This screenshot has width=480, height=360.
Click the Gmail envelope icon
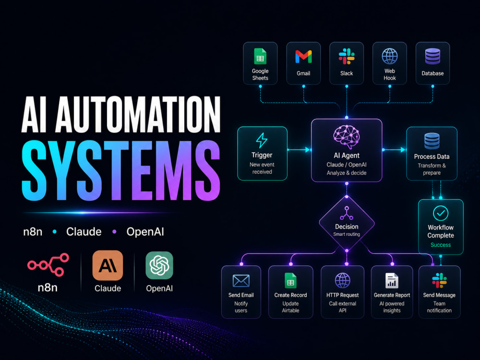pyautogui.click(x=303, y=57)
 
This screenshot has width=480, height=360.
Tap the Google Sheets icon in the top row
pyautogui.click(x=260, y=56)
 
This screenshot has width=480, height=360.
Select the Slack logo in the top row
pyautogui.click(x=347, y=56)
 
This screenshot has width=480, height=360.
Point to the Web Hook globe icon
pyautogui.click(x=390, y=56)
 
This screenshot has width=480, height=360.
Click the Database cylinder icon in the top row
pyautogui.click(x=432, y=56)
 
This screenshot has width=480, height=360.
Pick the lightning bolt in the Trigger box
pyautogui.click(x=262, y=140)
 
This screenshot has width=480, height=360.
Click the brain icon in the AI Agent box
pyautogui.click(x=346, y=136)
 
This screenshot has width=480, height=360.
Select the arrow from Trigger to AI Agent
pyautogui.click(x=299, y=150)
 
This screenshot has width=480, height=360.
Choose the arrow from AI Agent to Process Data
pyautogui.click(x=395, y=150)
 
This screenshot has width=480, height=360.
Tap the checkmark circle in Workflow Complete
pyautogui.click(x=441, y=214)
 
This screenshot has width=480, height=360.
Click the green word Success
pyautogui.click(x=441, y=245)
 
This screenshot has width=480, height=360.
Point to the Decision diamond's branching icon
pyautogui.click(x=347, y=213)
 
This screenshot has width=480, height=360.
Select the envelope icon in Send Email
pyautogui.click(x=241, y=281)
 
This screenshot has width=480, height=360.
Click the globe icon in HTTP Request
pyautogui.click(x=343, y=280)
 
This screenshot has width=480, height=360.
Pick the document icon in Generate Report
pyautogui.click(x=392, y=280)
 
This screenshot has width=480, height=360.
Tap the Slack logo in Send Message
pyautogui.click(x=439, y=280)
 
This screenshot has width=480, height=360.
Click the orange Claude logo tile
pyautogui.click(x=108, y=265)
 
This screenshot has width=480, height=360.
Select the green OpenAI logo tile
pyautogui.click(x=159, y=265)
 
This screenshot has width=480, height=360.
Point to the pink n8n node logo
pyautogui.click(x=48, y=264)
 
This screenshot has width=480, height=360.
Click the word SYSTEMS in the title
pyautogui.click(x=121, y=170)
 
